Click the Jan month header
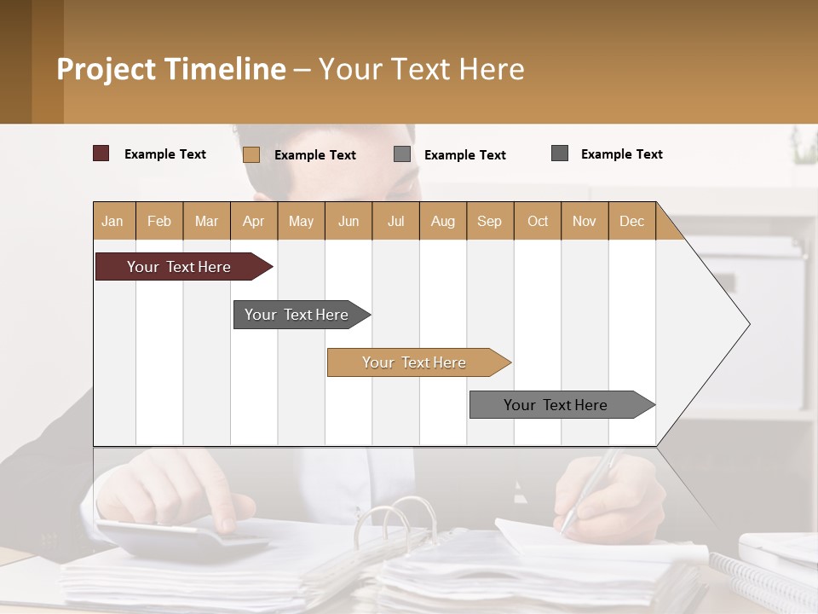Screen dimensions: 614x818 pyautogui.click(x=112, y=221)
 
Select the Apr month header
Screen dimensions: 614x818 pyautogui.click(x=253, y=221)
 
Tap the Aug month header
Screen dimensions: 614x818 pyautogui.click(x=442, y=221)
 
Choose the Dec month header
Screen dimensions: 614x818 pyautogui.click(x=631, y=221)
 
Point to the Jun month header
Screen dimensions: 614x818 pyautogui.click(x=348, y=221)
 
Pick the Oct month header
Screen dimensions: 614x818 pyautogui.click(x=537, y=221)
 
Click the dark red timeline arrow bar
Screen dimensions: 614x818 pyautogui.click(x=179, y=267)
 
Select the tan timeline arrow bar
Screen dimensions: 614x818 pyautogui.click(x=415, y=362)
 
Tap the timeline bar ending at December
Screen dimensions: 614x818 pyautogui.click(x=557, y=405)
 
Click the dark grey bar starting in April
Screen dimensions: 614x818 pyautogui.click(x=297, y=315)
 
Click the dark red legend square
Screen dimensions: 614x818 pyautogui.click(x=101, y=153)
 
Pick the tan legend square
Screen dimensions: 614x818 pyautogui.click(x=251, y=154)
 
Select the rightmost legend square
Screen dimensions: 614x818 pyautogui.click(x=560, y=153)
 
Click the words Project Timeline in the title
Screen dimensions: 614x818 pyautogui.click(x=171, y=69)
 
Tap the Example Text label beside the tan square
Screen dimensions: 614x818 pyautogui.click(x=315, y=154)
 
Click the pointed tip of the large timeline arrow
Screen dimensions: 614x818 pyautogui.click(x=748, y=324)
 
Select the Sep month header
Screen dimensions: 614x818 pyautogui.click(x=489, y=221)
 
